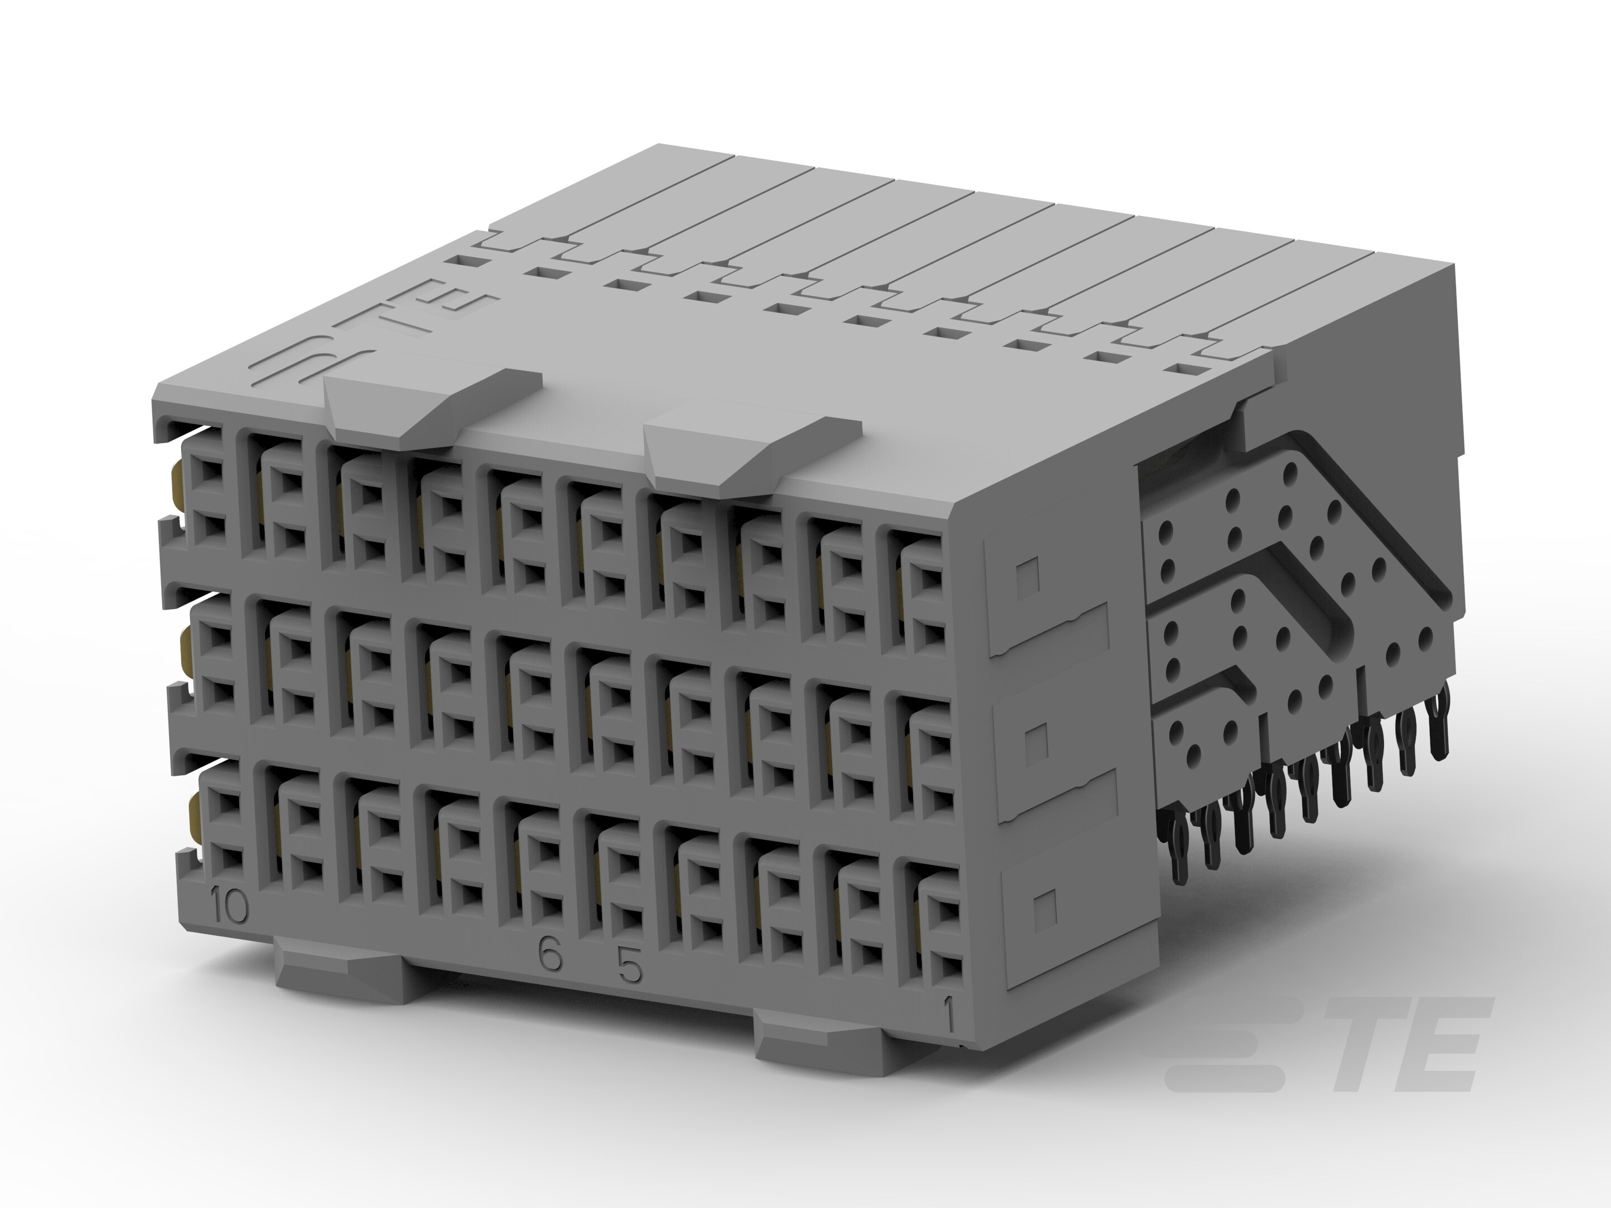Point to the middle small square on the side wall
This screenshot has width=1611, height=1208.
click(1037, 740)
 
